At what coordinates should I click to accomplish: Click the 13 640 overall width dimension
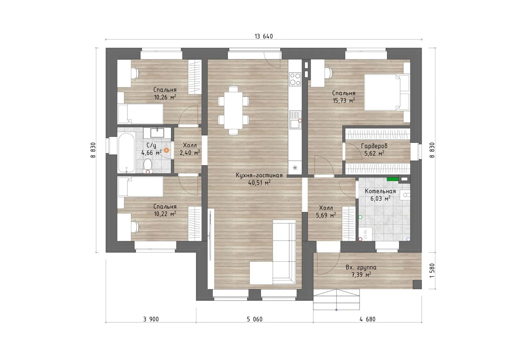pos(264,36)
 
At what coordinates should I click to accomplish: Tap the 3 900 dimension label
pos(151,319)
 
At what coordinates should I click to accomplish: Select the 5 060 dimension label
pos(255,319)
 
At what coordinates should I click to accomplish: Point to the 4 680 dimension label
pos(367,319)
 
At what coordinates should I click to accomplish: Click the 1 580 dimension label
pos(432,270)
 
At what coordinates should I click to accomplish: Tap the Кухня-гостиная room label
pos(259,175)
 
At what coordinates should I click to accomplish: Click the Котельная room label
pos(380,191)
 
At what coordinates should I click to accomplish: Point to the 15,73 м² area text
pos(344,100)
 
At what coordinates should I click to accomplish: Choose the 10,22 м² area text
pos(165,214)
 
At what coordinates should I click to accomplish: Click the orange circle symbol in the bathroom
pos(167,150)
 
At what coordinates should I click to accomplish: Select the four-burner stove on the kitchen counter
pos(295,79)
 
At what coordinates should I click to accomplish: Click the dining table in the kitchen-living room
pos(233,110)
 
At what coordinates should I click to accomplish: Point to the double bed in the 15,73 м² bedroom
pos(387,93)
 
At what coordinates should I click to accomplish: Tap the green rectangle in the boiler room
pos(393,179)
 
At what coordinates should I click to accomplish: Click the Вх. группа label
pos(361,267)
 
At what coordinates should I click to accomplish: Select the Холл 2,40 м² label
pos(190,149)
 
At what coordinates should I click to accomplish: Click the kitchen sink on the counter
pos(295,119)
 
